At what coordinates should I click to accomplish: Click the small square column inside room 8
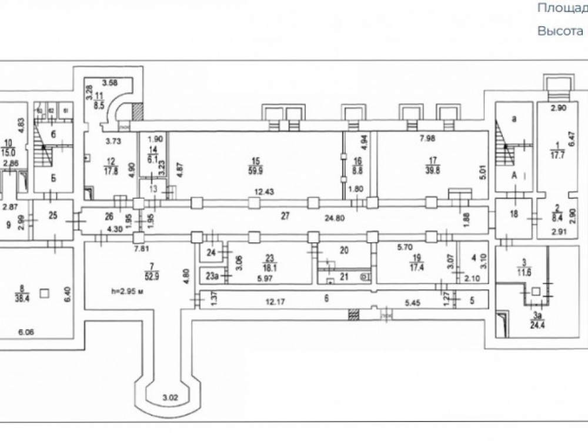(44, 292)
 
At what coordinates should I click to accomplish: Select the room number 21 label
(345, 276)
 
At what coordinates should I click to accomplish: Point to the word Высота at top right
(555, 31)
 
